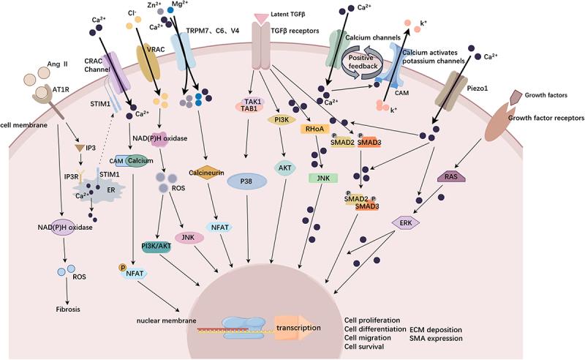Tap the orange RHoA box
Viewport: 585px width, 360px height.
pyautogui.click(x=313, y=130)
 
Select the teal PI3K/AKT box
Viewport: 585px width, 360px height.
pyautogui.click(x=152, y=247)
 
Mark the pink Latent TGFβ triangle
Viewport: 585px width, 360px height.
pyautogui.click(x=263, y=17)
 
